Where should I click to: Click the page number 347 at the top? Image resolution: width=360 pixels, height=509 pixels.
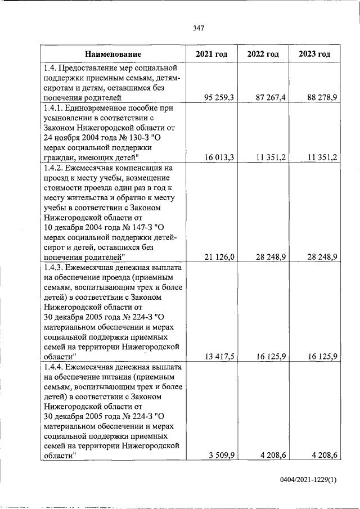[197, 28]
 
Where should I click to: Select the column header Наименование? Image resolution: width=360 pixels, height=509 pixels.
[113, 54]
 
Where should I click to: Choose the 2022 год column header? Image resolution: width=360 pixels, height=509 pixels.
[263, 54]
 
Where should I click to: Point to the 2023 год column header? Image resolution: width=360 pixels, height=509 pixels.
[314, 54]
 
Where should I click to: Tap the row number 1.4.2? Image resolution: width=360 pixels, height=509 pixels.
[55, 168]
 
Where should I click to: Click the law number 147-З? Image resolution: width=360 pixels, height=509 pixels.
[142, 227]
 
